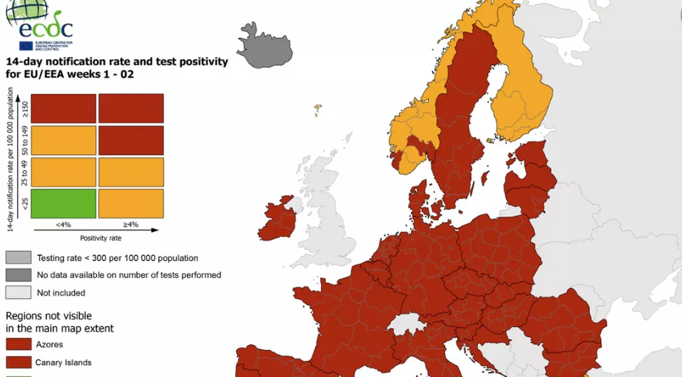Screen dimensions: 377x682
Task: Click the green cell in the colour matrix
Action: (63, 203)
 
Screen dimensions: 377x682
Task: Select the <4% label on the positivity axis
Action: (63, 224)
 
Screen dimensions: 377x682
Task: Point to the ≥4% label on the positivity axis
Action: (131, 224)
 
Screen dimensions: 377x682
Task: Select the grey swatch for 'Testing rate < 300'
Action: (18, 258)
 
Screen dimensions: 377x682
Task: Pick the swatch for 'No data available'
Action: (18, 275)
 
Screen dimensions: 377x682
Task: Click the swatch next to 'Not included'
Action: (18, 293)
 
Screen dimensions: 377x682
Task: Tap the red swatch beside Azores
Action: (18, 345)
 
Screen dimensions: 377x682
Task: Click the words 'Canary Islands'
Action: (63, 362)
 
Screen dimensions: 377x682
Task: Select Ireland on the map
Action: (278, 219)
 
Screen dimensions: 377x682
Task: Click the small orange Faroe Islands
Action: (317, 108)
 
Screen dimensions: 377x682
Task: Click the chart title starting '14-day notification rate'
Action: (117, 68)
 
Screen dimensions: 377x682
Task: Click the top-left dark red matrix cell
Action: (63, 108)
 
